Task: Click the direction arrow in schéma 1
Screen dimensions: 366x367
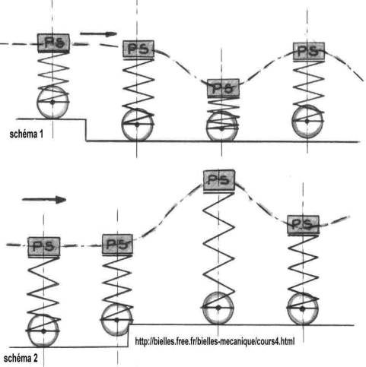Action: click(98, 33)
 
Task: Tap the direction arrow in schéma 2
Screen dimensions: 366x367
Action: click(44, 200)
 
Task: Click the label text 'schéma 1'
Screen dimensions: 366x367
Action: click(27, 134)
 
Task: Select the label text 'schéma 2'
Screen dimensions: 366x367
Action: click(21, 358)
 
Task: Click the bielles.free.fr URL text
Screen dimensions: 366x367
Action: click(215, 341)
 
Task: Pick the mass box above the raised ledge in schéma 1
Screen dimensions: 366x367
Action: click(53, 43)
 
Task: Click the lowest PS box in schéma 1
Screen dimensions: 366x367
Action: click(223, 88)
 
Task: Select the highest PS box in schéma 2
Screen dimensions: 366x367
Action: click(219, 180)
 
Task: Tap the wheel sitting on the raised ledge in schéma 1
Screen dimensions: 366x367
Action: click(53, 103)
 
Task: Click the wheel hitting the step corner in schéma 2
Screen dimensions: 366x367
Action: click(116, 320)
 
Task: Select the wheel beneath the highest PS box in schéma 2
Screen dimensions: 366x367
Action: click(218, 308)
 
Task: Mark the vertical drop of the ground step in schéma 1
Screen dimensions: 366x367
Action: click(86, 130)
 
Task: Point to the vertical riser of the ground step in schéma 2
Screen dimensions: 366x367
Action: click(129, 336)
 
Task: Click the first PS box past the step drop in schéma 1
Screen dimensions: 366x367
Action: click(138, 49)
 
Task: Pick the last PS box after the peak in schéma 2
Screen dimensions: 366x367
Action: click(303, 225)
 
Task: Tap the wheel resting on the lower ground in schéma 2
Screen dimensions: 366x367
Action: click(43, 331)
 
